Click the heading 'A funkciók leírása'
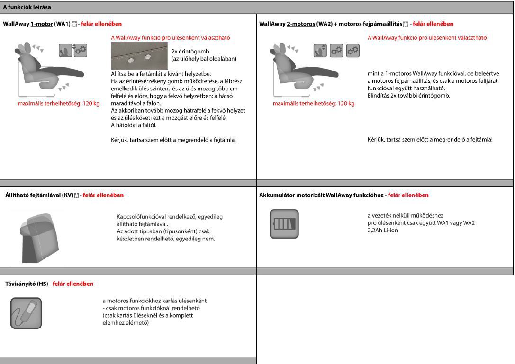(x=27, y=7)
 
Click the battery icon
(x=284, y=223)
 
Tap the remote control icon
(x=26, y=313)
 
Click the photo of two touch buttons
(x=139, y=56)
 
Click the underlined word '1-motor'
(x=42, y=24)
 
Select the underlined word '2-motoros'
(x=301, y=24)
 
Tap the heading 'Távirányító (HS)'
(x=27, y=284)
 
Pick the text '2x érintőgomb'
(x=190, y=51)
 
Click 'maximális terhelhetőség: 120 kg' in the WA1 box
(x=52, y=104)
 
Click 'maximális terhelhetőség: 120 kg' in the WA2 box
(x=313, y=104)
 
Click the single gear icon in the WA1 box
(x=80, y=50)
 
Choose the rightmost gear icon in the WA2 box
(x=352, y=50)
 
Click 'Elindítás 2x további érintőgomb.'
(x=409, y=95)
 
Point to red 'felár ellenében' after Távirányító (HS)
(x=73, y=284)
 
